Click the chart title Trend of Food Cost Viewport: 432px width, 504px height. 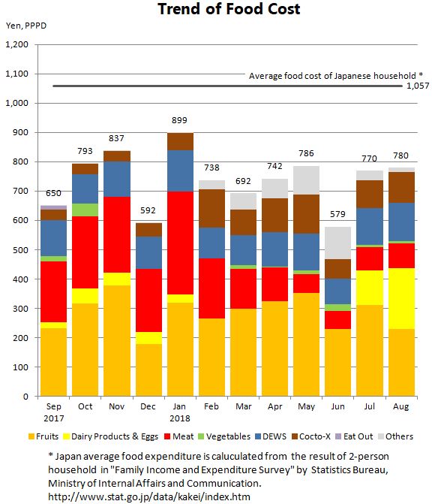[229, 9]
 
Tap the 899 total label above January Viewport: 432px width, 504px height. [179, 120]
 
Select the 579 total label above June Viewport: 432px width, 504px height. [337, 214]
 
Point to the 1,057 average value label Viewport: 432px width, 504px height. [418, 86]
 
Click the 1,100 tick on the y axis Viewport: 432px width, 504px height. [16, 74]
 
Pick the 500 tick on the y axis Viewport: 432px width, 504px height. [20, 250]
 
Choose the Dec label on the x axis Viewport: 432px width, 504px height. [148, 406]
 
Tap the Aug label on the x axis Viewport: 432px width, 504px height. [400, 406]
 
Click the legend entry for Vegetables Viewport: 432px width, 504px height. [224, 436]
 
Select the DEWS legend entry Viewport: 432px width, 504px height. [271, 436]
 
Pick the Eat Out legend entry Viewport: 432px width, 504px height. [354, 436]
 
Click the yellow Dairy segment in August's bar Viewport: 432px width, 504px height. [401, 299]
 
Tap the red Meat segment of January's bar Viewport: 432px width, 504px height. [180, 243]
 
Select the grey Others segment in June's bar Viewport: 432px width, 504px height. [337, 243]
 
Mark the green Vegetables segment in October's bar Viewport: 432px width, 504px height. [85, 210]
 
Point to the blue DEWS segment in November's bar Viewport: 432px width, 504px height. [117, 179]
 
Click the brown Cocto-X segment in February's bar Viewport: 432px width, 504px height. [211, 209]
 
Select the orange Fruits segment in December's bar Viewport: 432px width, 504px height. [148, 370]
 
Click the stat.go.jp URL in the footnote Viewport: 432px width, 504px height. [149, 496]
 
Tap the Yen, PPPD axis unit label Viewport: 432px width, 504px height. [26, 26]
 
